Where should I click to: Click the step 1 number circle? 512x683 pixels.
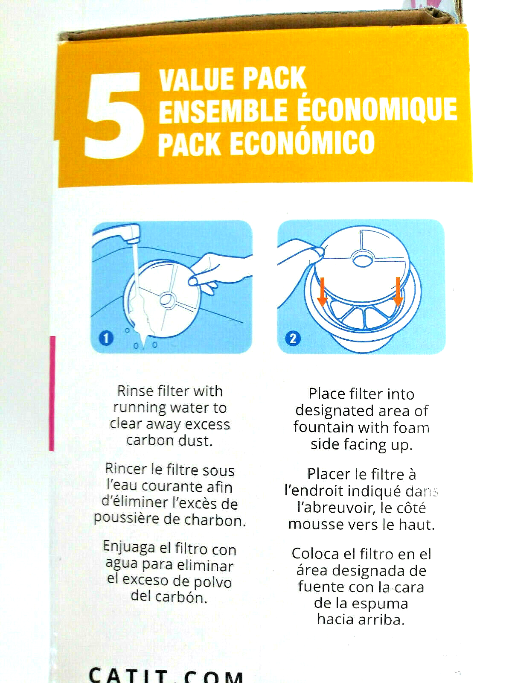pos(106,338)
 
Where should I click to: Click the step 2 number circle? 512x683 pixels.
pos(293,339)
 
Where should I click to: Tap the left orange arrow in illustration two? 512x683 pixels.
pos(323,292)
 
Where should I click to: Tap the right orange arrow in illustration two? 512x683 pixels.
pos(398,292)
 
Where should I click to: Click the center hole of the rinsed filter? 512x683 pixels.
pos(168,301)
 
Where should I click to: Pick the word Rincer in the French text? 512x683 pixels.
pos(126,470)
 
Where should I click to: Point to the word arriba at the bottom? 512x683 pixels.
pos(381,619)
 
